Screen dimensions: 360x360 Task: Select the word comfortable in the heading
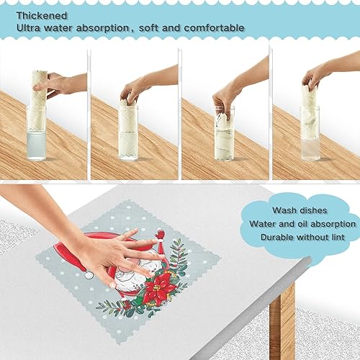(x=212, y=28)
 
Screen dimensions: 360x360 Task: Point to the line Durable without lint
(x=302, y=237)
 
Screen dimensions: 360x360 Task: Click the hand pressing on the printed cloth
(x=115, y=252)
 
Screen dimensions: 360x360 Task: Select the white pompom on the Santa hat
(x=89, y=274)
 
